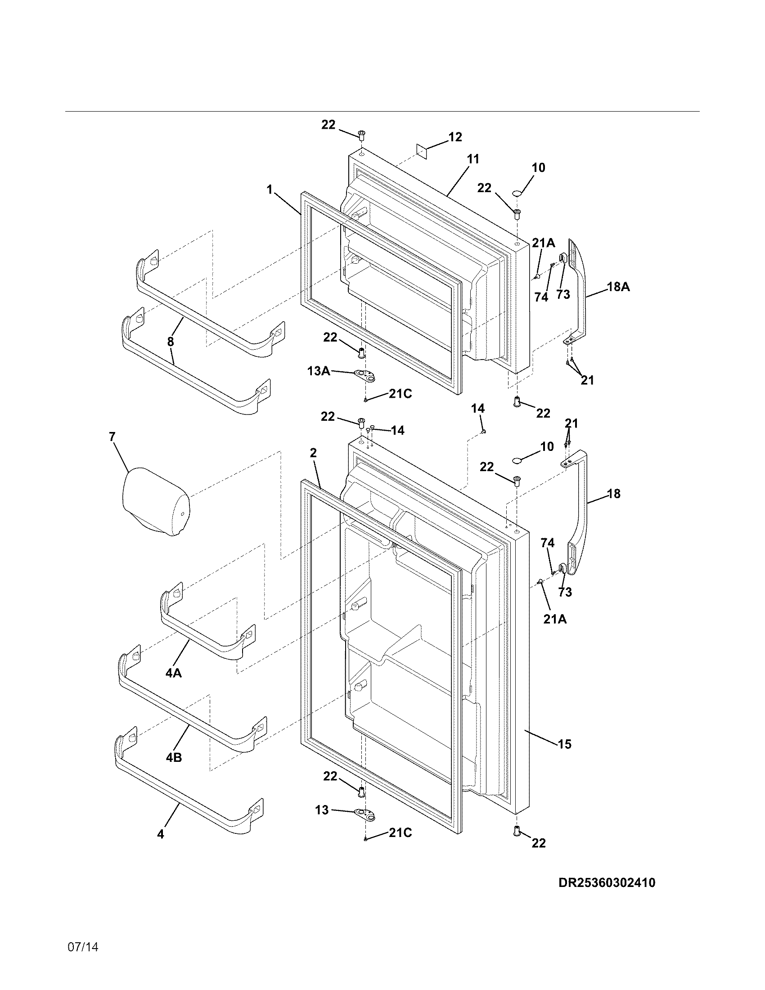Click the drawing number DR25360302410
coord(607,882)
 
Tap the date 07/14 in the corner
coord(82,960)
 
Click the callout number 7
coord(112,437)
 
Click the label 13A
coord(319,371)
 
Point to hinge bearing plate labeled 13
coord(367,814)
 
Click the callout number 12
coord(455,137)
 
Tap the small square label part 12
coord(423,151)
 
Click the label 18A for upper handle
coord(618,287)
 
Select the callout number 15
coord(564,744)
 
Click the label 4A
coord(173,674)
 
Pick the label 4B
coord(174,757)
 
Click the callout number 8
coord(171,342)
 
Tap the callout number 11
coord(473,159)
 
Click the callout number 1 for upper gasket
coord(270,189)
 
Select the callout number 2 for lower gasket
coord(313,453)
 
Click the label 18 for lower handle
coord(614,494)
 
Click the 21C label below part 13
coord(400,833)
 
